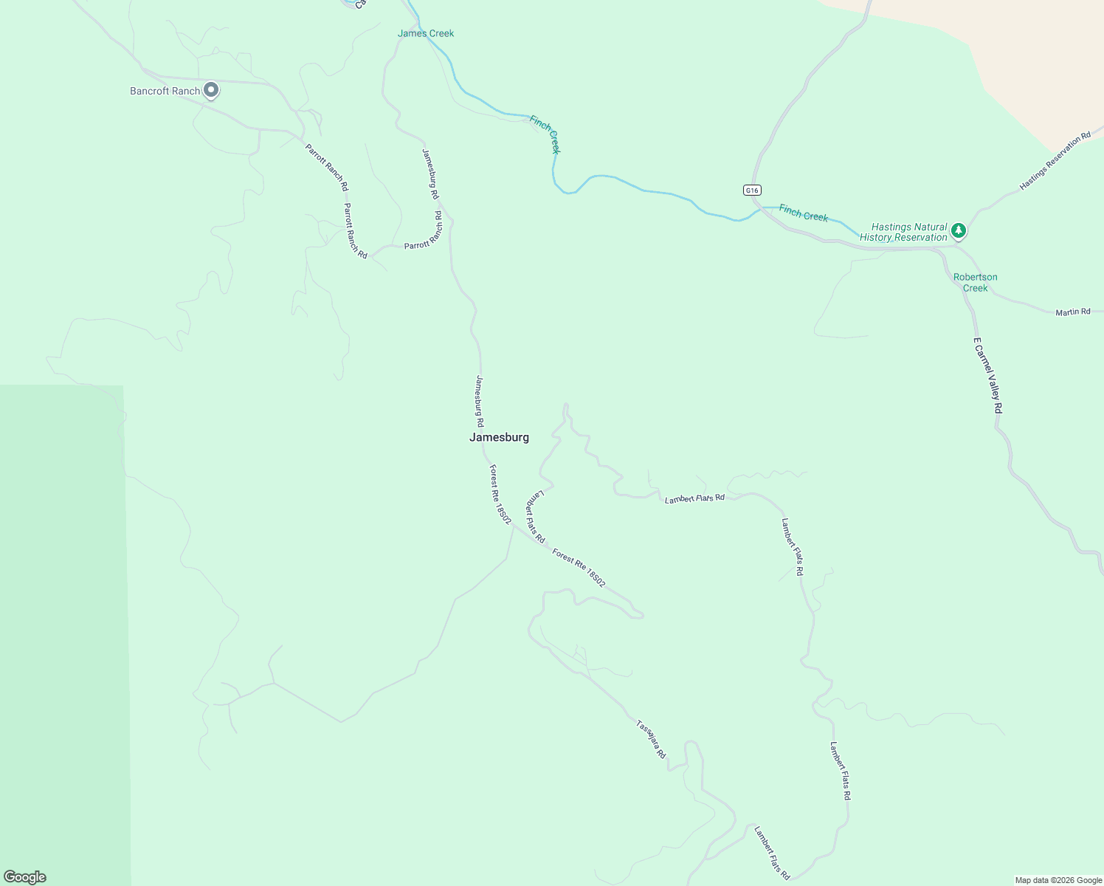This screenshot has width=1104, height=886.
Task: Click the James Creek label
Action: tap(426, 33)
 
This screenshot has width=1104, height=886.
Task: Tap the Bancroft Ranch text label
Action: tap(165, 91)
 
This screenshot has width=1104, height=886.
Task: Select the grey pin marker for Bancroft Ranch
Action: tap(211, 90)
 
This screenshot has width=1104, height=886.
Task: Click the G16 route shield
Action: tap(751, 190)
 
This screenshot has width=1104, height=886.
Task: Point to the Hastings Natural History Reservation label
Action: tap(904, 232)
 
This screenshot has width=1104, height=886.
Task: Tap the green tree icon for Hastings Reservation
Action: tap(959, 230)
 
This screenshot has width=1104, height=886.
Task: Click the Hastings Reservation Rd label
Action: tap(1055, 162)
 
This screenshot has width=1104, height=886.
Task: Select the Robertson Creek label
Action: tap(975, 282)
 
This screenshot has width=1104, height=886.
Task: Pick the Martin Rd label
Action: tap(1072, 312)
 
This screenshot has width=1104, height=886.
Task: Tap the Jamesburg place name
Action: tap(499, 437)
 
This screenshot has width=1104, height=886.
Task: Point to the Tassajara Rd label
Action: tap(651, 739)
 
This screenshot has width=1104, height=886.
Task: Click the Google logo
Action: tap(25, 877)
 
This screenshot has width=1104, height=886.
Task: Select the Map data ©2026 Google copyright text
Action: tap(1058, 880)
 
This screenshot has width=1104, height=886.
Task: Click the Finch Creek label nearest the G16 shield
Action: tap(804, 213)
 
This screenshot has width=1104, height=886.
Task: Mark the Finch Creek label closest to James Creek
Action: tap(545, 134)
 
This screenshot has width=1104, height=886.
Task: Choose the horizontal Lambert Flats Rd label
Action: tap(694, 498)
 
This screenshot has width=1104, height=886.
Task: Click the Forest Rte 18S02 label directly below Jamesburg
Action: tap(500, 494)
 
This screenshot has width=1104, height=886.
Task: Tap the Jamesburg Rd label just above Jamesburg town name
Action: tap(480, 401)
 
